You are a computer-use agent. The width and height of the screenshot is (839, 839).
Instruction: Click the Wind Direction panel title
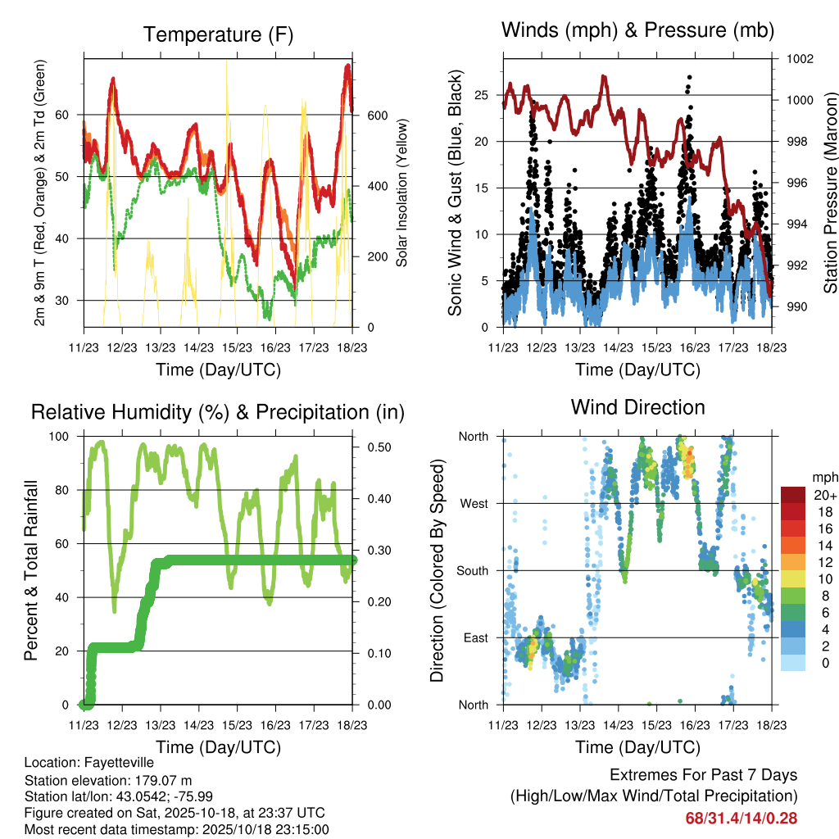pos(637,406)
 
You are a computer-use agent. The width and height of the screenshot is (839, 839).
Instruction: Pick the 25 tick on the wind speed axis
pos(487,95)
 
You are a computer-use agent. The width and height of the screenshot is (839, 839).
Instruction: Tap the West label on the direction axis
pos(474,503)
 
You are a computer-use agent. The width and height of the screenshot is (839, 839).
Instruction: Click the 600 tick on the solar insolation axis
pos(375,115)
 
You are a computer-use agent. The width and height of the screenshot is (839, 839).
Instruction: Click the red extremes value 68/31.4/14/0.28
pos(741,818)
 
